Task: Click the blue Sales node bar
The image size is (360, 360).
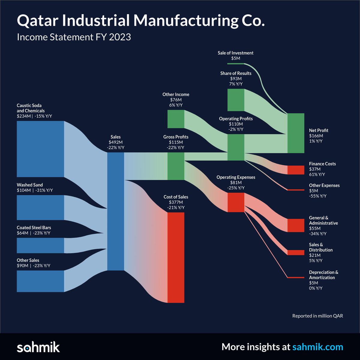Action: point(115,211)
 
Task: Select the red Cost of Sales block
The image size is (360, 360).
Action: point(176,257)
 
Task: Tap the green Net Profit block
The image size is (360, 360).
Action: point(296,133)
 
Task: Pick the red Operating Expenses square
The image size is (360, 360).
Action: point(236,202)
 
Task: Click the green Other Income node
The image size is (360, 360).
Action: point(175,119)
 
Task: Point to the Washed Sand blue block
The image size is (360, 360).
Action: point(40,207)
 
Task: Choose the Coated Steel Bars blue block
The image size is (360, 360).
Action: point(40,245)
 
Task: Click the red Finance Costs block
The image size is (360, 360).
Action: point(296,170)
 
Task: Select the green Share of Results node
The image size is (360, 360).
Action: point(236,100)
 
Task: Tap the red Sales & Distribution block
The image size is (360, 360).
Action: point(296,253)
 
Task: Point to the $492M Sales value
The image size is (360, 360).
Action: point(115,142)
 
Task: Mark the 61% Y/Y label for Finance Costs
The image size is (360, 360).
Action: point(317,174)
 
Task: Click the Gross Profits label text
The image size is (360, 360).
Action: point(176,137)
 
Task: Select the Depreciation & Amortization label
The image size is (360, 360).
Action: point(323,275)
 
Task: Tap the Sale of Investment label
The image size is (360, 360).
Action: point(235,53)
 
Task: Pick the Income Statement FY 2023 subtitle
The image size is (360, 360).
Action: point(74,37)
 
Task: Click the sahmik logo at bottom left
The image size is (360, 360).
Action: point(38,347)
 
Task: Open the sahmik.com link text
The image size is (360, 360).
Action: point(318,347)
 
